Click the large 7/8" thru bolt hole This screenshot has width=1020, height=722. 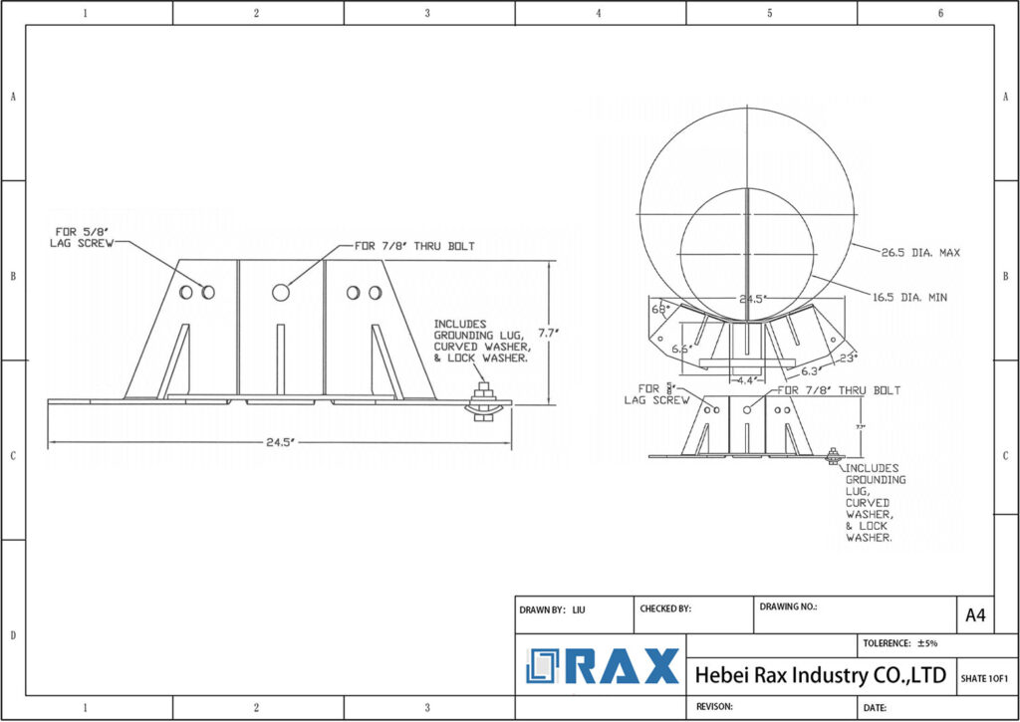[x=281, y=293]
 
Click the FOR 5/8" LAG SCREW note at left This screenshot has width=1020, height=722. [x=83, y=237]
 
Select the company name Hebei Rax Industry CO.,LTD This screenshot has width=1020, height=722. [x=820, y=676]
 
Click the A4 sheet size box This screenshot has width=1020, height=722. [x=974, y=615]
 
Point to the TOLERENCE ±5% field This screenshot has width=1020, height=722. [x=899, y=644]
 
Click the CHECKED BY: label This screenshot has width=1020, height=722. [x=665, y=607]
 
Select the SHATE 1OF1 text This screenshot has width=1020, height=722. [x=984, y=678]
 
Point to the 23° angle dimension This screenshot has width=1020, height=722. [x=848, y=356]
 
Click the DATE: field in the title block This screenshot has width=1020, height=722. [x=876, y=707]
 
